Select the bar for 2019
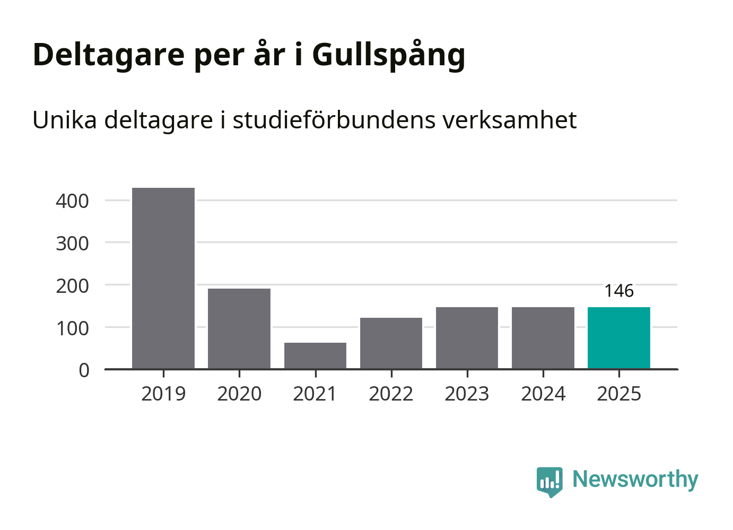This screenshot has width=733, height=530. click(163, 278)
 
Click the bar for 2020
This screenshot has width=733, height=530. click(239, 328)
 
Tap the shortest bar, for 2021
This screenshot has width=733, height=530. click(315, 355)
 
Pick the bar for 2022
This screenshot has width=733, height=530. click(391, 343)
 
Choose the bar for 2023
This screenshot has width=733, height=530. click(467, 337)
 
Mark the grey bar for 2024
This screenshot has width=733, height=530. click(543, 337)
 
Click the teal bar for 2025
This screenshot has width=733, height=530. click(619, 337)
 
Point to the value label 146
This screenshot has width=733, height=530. click(619, 291)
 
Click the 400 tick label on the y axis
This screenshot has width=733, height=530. click(72, 201)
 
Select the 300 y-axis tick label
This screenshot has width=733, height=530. click(72, 244)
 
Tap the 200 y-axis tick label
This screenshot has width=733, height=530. click(72, 286)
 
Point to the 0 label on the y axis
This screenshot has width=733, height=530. click(84, 370)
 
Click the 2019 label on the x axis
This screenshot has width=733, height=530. click(163, 394)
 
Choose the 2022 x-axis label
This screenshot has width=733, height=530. click(391, 394)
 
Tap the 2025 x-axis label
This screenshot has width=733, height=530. click(619, 394)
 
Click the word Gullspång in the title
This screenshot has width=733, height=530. click(388, 55)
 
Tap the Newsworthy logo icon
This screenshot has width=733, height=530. click(549, 481)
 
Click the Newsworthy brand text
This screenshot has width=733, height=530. click(635, 480)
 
